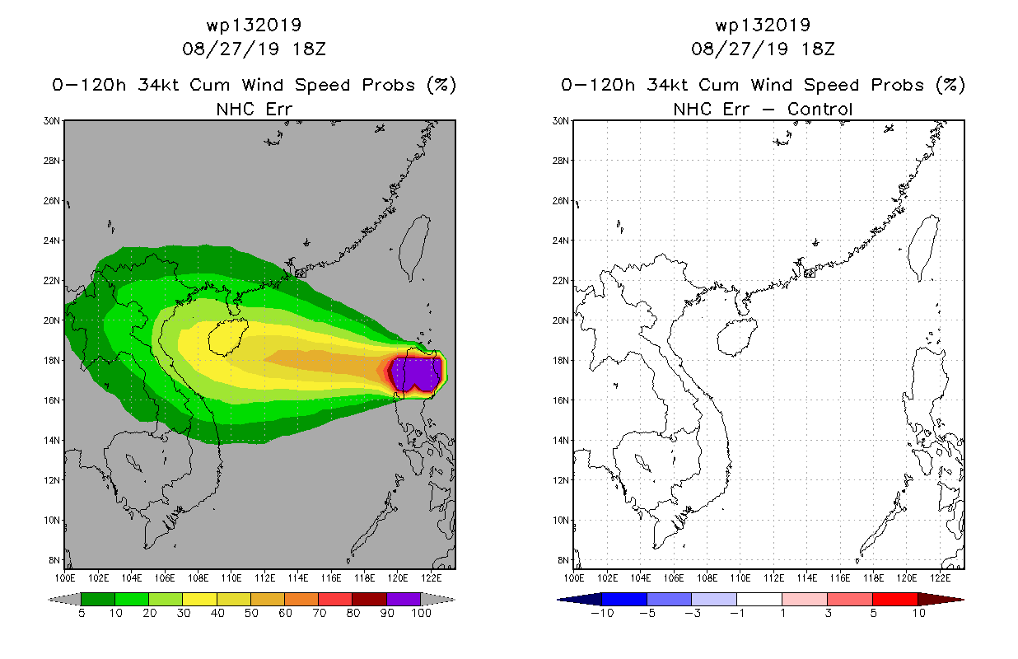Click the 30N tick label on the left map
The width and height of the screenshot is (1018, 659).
tap(51, 121)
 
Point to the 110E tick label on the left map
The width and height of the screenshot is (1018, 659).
tap(231, 578)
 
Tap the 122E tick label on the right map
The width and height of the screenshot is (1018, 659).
tap(941, 578)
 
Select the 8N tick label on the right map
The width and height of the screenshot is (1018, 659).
tap(563, 560)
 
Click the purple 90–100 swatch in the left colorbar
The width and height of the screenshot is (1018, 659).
tap(404, 599)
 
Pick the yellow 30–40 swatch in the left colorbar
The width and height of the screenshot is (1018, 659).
tap(199, 599)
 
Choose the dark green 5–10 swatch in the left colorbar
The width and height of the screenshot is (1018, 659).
tap(98, 599)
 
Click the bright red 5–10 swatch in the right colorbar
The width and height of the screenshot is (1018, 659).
tap(895, 599)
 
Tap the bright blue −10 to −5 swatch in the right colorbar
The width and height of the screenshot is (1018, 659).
tap(624, 599)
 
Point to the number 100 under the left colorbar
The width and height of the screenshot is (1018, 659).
tap(421, 613)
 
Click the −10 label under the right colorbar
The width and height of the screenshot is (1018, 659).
tap(602, 613)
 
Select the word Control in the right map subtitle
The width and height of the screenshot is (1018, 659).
tap(820, 109)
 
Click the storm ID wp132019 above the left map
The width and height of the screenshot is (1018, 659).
tap(254, 26)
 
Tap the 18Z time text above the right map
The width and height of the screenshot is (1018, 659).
tap(818, 49)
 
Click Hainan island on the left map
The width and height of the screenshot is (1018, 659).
tap(228, 337)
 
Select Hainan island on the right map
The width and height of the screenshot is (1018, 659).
tap(737, 337)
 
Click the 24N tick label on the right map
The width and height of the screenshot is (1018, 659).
tap(560, 241)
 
